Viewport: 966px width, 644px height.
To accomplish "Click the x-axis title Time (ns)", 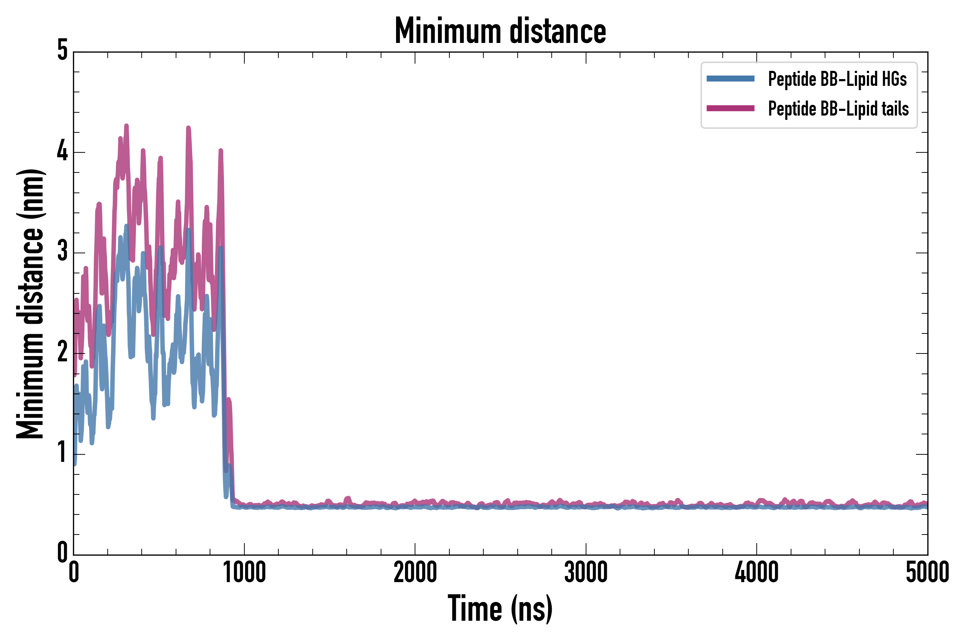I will pos(500,609).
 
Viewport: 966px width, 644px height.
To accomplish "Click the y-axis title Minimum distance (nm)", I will pos(30,304).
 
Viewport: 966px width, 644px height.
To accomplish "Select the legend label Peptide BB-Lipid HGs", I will pos(837,79).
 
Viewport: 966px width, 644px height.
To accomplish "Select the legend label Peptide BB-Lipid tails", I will pos(838,109).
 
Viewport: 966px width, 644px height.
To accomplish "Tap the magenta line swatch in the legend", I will pos(730,108).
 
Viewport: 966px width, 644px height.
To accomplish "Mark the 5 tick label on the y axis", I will pos(62,51).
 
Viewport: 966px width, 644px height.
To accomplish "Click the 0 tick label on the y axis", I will pos(62,553).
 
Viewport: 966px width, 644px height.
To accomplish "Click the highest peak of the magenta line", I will pos(127,126).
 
